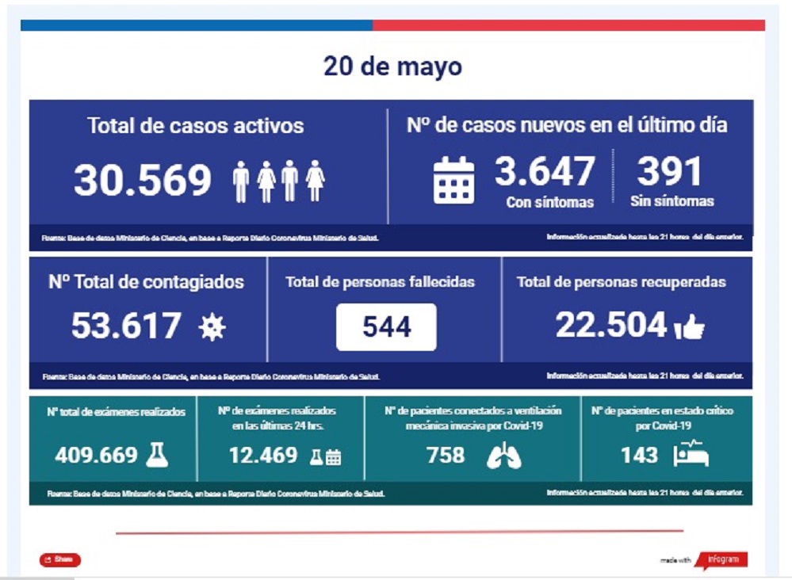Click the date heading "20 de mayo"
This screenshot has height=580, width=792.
click(x=392, y=67)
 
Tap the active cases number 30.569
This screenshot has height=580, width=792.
click(x=143, y=181)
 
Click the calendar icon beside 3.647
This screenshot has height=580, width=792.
click(x=454, y=180)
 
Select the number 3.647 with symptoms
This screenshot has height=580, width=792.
click(x=545, y=172)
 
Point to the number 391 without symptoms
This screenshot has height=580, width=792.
click(x=670, y=172)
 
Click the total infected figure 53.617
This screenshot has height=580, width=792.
click(x=127, y=326)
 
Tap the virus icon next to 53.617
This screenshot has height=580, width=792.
click(x=212, y=327)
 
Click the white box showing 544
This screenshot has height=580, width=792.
click(x=386, y=326)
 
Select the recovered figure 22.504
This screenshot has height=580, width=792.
click(x=610, y=325)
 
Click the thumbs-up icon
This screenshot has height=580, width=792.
click(x=688, y=328)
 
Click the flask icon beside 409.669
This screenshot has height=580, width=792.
click(x=157, y=454)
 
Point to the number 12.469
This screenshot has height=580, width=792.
click(x=263, y=456)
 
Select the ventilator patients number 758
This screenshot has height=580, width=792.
click(x=446, y=456)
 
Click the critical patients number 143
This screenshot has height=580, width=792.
click(x=640, y=455)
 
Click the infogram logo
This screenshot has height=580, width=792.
click(x=721, y=559)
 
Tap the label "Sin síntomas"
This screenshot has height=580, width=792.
click(x=671, y=201)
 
